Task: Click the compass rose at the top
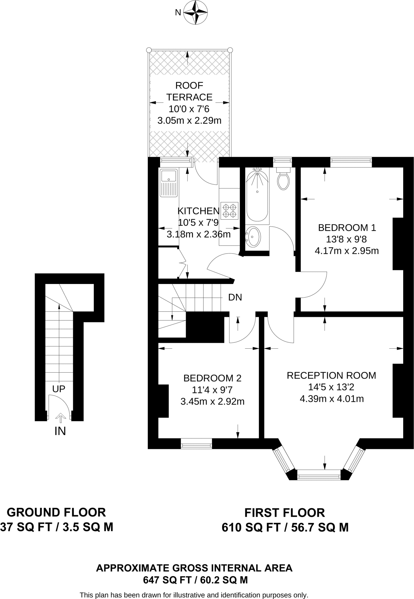click(195, 12)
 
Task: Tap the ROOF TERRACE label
click(189, 91)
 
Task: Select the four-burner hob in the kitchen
click(229, 211)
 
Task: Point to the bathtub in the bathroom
click(257, 194)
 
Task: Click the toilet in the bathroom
click(283, 179)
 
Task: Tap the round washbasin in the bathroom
click(253, 236)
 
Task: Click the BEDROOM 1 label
click(347, 228)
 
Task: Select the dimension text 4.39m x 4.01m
click(332, 399)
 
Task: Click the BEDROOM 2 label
click(212, 378)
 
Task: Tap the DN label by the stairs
click(235, 297)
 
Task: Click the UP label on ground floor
click(59, 389)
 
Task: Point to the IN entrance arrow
click(61, 418)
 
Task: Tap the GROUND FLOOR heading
click(56, 513)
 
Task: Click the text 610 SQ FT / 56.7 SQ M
click(285, 527)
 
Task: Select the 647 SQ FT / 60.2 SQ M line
click(195, 580)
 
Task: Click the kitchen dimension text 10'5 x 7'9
click(198, 223)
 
